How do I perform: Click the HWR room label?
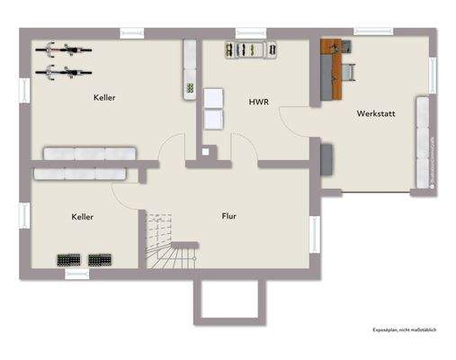coord(260,103)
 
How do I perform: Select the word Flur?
coord(230,216)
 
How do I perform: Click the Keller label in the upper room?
coord(104,97)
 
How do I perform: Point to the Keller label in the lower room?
coord(83,217)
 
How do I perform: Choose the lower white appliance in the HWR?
coord(214,119)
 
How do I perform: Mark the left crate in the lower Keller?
coord(69,260)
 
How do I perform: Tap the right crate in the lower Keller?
coord(99,260)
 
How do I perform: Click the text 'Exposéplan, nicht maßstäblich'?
coord(404,330)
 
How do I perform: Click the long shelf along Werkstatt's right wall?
coord(421,142)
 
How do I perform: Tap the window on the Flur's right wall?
coord(314,234)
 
